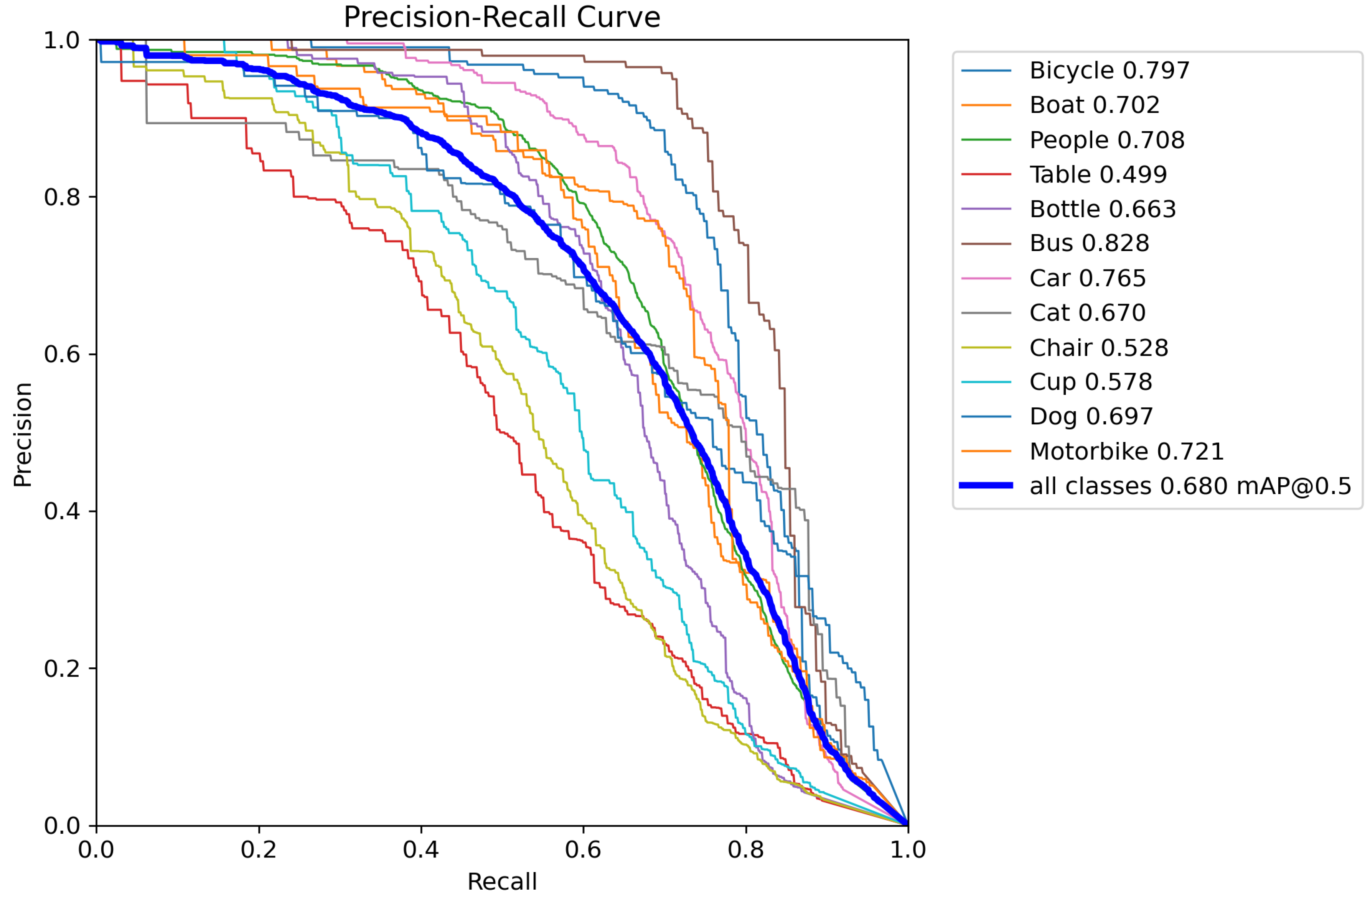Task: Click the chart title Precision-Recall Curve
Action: [501, 17]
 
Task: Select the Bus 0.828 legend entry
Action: [1089, 243]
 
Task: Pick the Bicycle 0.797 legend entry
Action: [1109, 71]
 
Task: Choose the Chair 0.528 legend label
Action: [1098, 347]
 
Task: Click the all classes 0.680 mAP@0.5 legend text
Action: [1190, 486]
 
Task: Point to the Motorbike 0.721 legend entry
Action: [1126, 451]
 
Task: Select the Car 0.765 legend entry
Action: [1087, 278]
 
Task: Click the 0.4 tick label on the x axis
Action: [421, 849]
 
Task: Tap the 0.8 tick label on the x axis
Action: [746, 849]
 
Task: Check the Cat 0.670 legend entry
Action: [1087, 313]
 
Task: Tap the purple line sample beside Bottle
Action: [986, 209]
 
